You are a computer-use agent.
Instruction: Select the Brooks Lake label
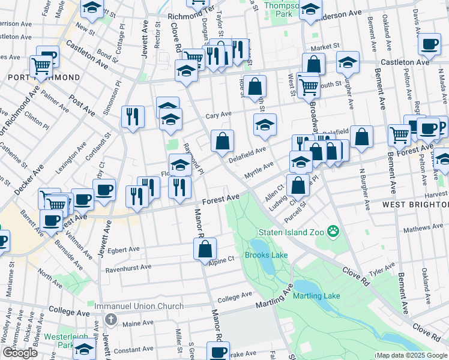point(266,255)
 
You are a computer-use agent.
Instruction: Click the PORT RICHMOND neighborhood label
point(43,78)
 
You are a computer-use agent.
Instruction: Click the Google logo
point(19,353)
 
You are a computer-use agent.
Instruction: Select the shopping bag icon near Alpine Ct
point(205,248)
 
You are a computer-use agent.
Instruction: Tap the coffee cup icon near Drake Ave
point(218,351)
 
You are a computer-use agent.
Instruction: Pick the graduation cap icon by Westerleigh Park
point(85,348)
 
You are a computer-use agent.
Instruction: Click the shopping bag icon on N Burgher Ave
point(361,136)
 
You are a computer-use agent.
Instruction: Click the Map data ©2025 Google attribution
point(411,355)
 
